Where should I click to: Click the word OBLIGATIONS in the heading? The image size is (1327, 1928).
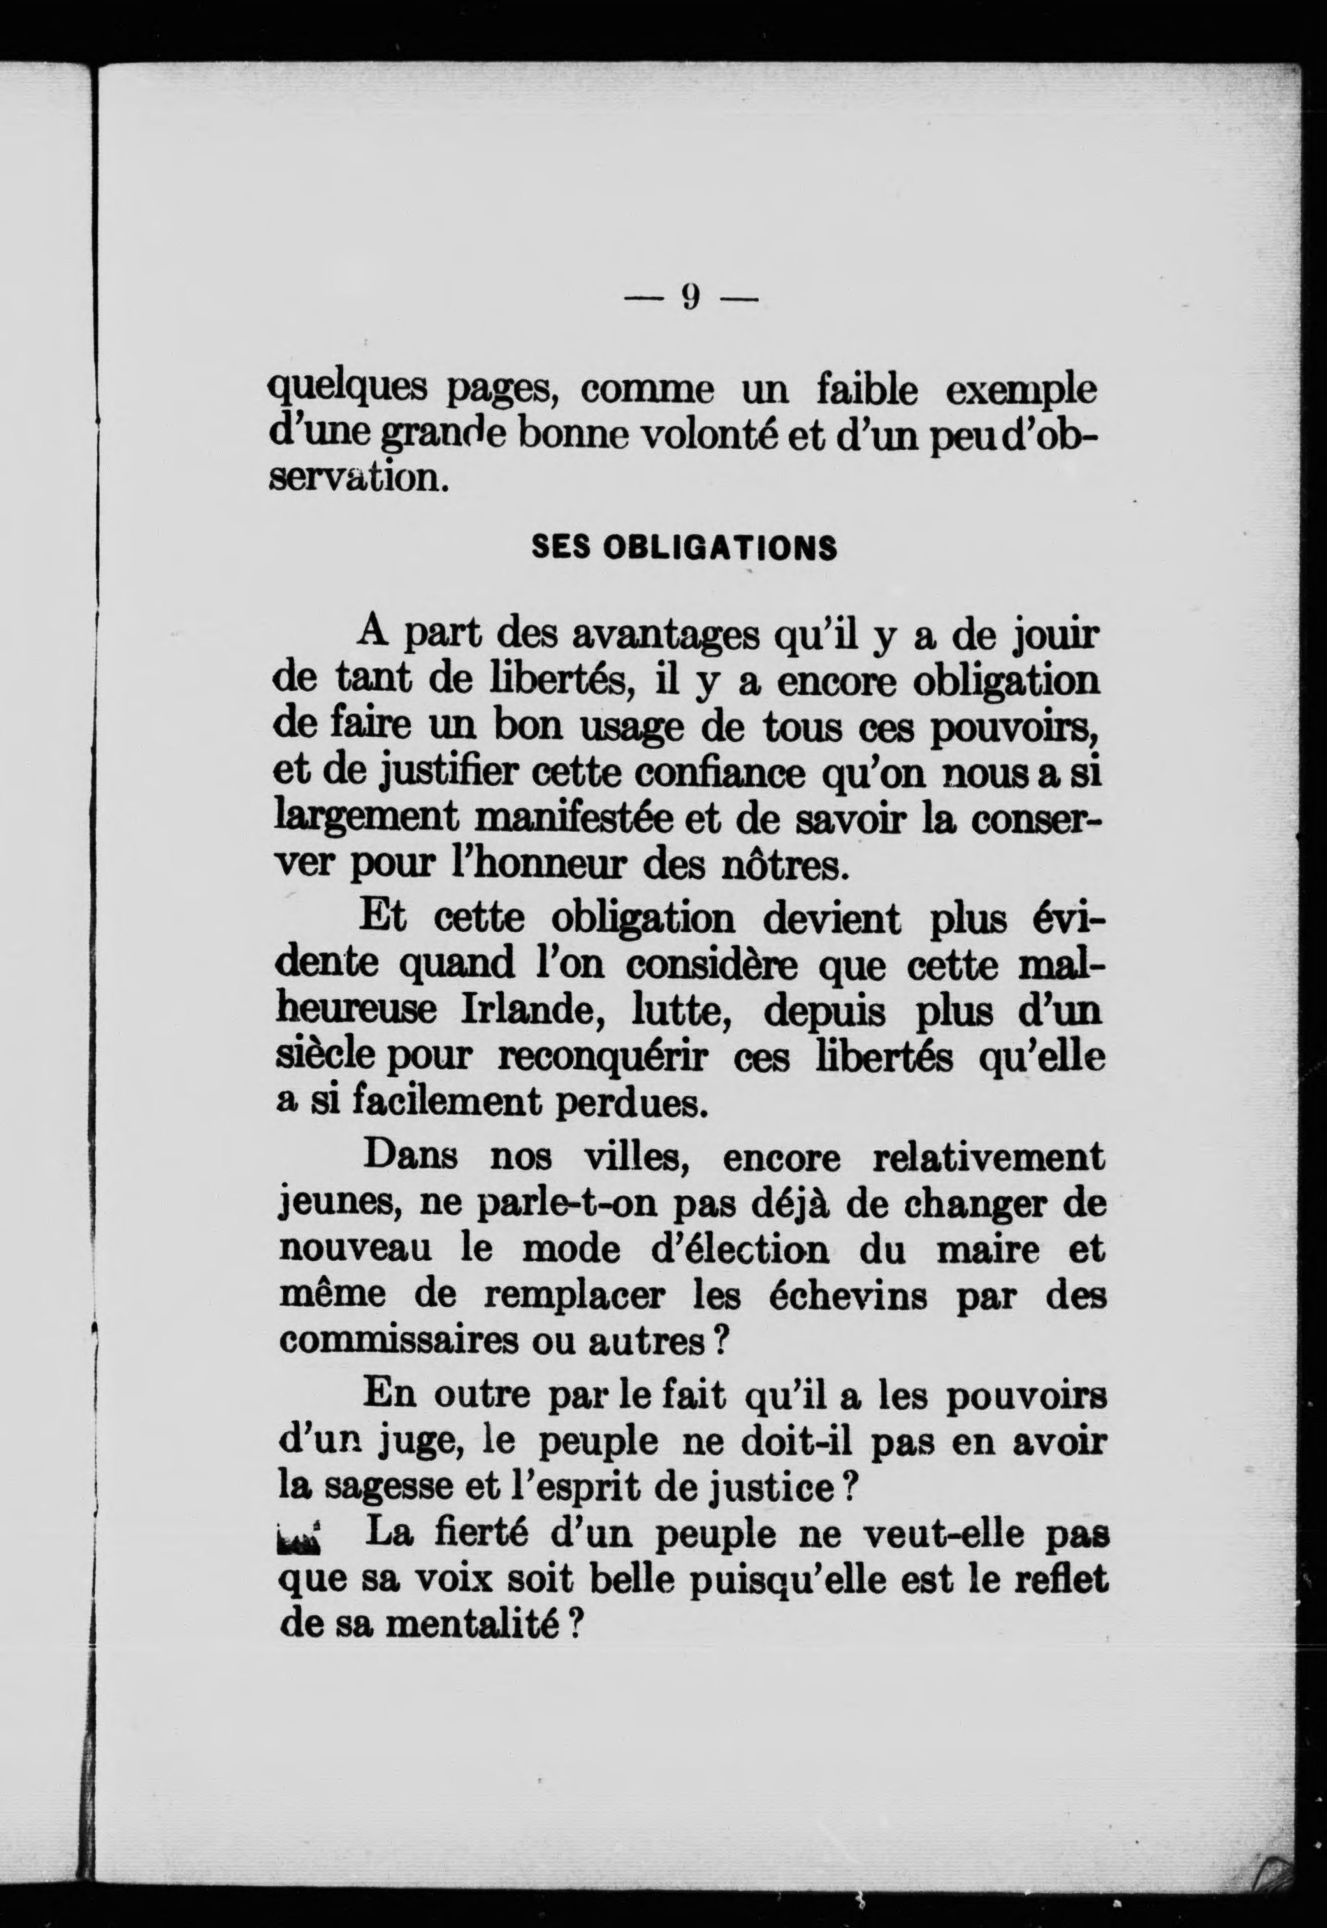click(x=719, y=548)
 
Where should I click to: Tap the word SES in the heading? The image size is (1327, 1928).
click(x=560, y=548)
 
